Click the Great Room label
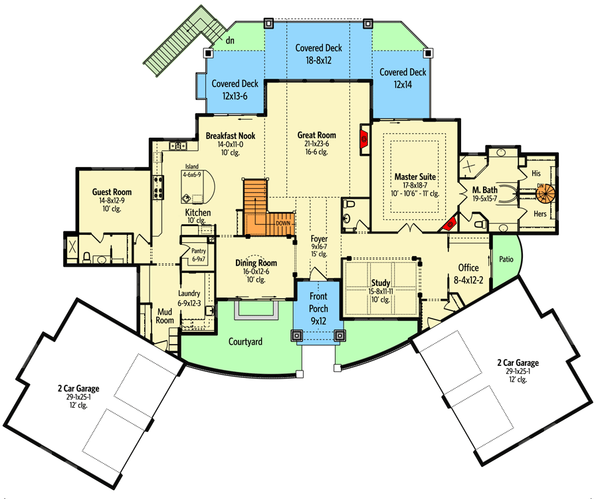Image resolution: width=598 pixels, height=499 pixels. (x=316, y=135)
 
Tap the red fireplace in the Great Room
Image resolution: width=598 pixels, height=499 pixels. (x=364, y=139)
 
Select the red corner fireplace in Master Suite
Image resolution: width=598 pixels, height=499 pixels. (x=450, y=224)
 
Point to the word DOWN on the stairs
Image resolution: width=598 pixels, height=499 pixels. (x=283, y=224)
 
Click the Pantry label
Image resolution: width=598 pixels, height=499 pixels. (x=199, y=251)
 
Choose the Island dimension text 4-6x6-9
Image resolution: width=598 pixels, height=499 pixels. (x=192, y=175)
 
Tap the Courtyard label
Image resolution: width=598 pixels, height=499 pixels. (x=245, y=342)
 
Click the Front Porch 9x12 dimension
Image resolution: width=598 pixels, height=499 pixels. (x=318, y=321)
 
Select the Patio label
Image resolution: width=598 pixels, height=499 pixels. (x=506, y=259)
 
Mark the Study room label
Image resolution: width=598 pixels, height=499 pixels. (x=381, y=283)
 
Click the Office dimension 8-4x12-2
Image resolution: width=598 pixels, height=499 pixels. (x=468, y=280)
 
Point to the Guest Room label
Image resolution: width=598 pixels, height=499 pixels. (x=112, y=192)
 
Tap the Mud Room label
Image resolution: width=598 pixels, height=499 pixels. (x=165, y=317)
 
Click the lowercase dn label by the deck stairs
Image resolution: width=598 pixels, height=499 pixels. (x=230, y=40)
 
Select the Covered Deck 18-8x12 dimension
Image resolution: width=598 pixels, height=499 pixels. (x=318, y=61)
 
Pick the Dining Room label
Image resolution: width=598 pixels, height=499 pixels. (x=256, y=263)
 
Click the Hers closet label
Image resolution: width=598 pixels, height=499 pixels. (x=540, y=214)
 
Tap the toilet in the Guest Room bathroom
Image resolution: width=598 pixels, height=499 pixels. (x=86, y=257)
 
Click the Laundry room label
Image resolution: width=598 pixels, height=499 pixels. (x=189, y=293)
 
